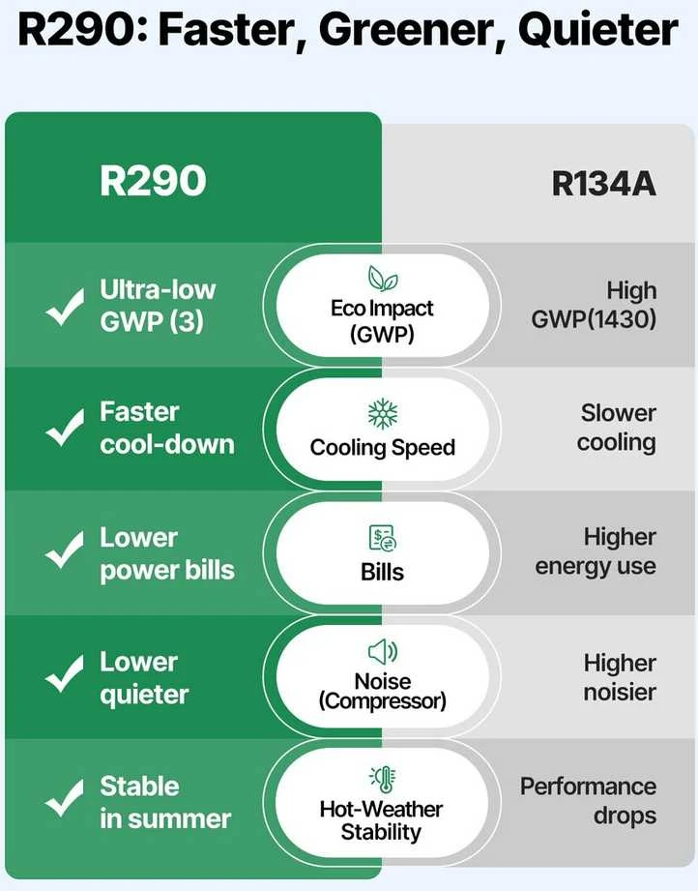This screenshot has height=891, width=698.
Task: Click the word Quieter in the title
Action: (598, 30)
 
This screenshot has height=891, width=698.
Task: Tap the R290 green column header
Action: (153, 181)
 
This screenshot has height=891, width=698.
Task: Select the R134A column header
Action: (603, 184)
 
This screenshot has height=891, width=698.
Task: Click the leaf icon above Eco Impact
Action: (383, 278)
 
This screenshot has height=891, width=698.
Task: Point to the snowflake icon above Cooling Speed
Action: (383, 413)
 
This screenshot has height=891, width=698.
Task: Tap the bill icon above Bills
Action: (383, 538)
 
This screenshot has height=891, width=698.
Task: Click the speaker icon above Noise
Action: (383, 651)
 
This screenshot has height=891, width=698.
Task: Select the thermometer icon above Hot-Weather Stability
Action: (383, 779)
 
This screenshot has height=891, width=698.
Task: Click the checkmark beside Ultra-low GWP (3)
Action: (65, 307)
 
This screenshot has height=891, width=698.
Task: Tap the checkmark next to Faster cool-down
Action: (65, 428)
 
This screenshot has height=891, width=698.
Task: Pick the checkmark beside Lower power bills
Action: (65, 550)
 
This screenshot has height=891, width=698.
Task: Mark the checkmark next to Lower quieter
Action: (65, 673)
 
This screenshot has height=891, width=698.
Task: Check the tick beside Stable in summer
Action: (65, 798)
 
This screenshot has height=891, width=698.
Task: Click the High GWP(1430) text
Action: (594, 305)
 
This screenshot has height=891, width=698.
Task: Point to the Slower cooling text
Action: (617, 428)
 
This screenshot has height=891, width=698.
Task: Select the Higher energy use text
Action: (596, 551)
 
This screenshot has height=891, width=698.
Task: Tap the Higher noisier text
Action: (621, 677)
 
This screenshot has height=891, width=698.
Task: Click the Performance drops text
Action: (589, 801)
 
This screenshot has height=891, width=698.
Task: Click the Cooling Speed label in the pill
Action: (383, 448)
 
